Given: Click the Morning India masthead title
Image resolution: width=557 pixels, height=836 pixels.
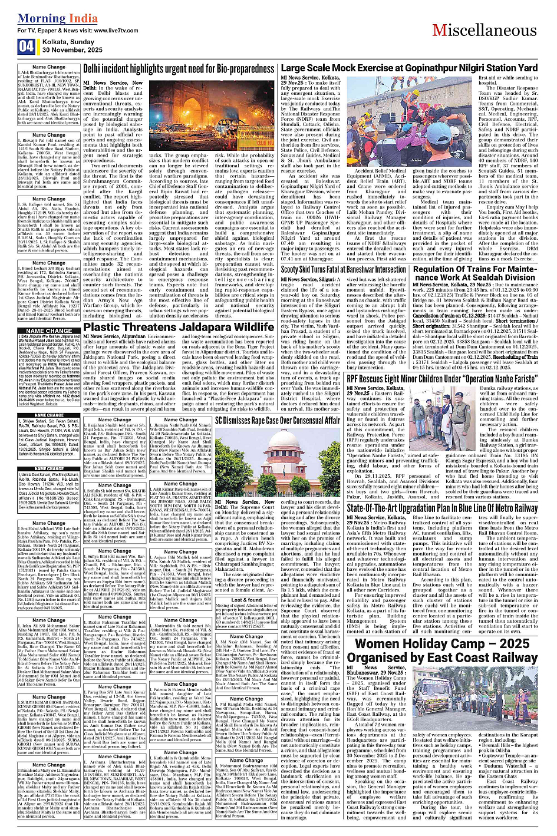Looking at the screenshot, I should [50, 18].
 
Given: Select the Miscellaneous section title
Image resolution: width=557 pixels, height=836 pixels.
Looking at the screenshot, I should [484, 30].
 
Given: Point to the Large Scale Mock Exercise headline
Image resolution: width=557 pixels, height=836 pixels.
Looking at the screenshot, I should [409, 68].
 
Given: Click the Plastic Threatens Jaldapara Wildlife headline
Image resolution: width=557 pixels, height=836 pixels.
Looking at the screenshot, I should [179, 327].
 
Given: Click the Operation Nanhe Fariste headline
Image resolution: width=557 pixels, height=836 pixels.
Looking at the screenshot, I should [450, 379].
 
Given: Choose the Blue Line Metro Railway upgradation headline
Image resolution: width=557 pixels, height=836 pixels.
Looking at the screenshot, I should [450, 508].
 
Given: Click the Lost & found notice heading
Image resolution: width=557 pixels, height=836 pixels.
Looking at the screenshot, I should [246, 600].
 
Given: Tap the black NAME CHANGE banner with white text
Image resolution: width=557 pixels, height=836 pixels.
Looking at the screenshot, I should [49, 331].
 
